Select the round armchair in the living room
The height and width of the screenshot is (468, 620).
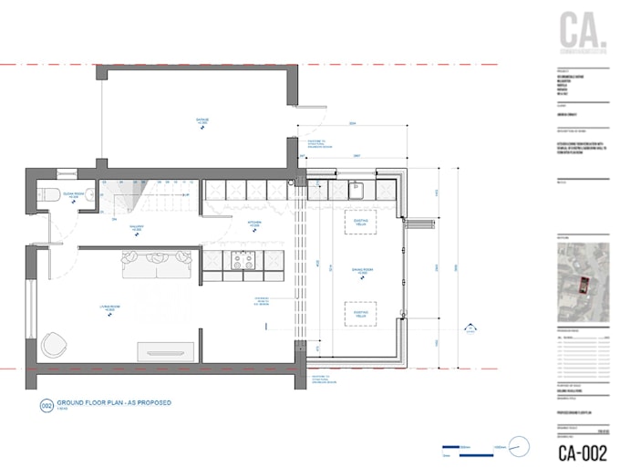54,345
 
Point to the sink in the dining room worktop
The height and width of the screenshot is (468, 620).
357,191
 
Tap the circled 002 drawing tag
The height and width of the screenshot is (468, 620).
46,405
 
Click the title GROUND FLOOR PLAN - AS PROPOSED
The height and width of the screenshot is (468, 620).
114,402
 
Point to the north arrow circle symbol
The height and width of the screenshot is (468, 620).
519,447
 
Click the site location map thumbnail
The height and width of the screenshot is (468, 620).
584,278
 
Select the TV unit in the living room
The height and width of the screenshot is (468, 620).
165,351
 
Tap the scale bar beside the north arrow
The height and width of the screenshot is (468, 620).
474,448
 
